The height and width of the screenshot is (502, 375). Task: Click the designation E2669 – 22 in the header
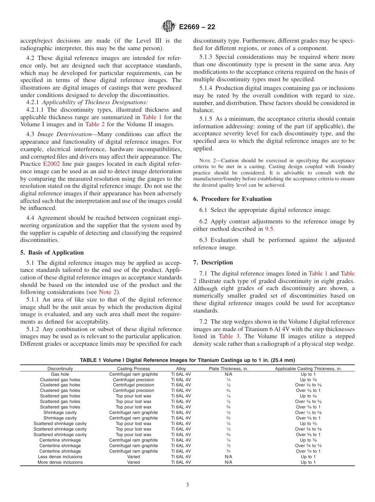(197, 27)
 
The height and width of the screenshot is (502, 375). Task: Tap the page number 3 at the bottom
(187, 485)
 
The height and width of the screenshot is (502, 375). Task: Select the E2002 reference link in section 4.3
(51, 163)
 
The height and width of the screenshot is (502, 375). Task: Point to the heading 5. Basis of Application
(52, 253)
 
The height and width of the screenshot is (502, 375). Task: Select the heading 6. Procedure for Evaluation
(232, 199)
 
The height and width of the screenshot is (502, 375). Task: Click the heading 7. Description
(213, 262)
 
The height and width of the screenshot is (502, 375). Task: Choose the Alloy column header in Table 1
(181, 369)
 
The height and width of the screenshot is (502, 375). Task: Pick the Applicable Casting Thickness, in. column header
(308, 369)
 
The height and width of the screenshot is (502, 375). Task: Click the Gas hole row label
(60, 374)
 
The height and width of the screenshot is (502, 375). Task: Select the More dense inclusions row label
(60, 462)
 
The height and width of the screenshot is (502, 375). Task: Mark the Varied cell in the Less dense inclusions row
(133, 457)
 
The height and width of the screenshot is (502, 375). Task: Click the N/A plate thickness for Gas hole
(228, 374)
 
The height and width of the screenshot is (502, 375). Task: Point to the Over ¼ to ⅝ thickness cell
(308, 413)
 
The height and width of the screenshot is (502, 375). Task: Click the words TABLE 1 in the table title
(91, 360)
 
